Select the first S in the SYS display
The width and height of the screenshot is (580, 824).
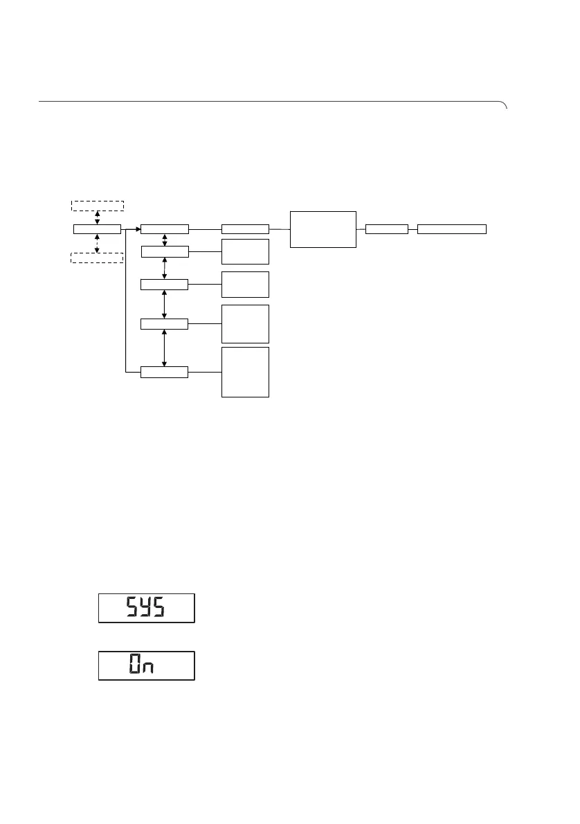click(131, 607)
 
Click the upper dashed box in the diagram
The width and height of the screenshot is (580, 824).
click(98, 205)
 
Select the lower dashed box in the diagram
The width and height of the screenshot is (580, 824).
click(98, 258)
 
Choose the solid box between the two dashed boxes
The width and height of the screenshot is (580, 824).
click(97, 229)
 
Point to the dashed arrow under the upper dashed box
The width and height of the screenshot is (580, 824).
click(98, 217)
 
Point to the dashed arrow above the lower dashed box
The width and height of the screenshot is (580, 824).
click(98, 244)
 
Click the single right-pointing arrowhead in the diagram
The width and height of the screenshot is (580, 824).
click(137, 229)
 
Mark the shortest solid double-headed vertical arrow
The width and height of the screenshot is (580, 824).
click(164, 240)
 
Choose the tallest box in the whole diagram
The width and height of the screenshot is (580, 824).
click(245, 372)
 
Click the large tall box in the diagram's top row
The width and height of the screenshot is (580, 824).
click(323, 229)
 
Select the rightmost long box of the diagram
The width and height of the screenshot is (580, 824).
click(452, 229)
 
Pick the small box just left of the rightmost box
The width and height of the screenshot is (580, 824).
click(386, 229)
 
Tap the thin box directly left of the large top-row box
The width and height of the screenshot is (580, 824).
click(245, 229)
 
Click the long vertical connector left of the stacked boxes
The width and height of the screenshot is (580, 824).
click(126, 301)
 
